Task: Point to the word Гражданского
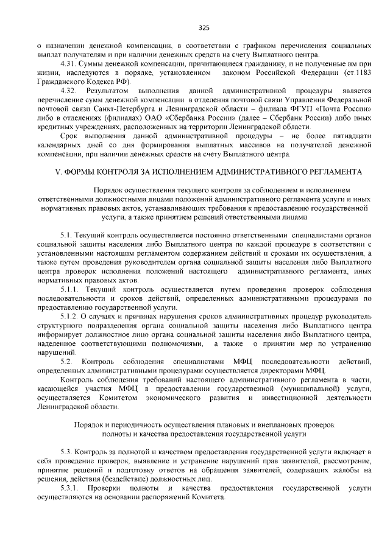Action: click(60, 82)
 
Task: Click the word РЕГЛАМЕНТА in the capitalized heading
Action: click(331, 172)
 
